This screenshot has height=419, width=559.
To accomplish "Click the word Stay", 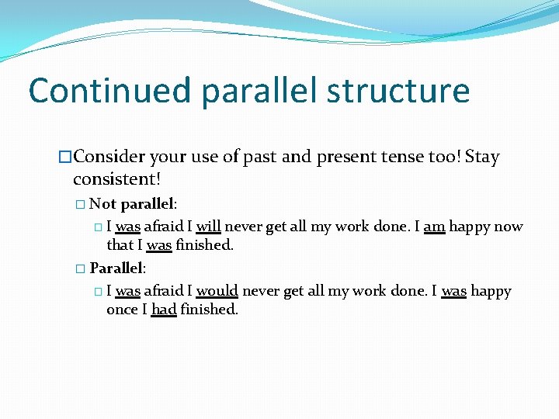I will point(482,157).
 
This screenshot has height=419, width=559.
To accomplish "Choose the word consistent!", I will point(116,179).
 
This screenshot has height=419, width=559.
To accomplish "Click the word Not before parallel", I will point(103,204).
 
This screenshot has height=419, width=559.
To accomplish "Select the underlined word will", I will point(209,227).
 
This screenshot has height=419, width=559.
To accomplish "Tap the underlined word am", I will point(434,227).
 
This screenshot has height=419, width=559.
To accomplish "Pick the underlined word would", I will point(217,291).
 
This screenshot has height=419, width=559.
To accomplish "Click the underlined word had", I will point(164,309).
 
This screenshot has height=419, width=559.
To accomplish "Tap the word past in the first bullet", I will point(260,157).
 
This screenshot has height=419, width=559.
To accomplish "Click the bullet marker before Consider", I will point(65,158).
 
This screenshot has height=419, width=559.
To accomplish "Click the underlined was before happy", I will point(454,291).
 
